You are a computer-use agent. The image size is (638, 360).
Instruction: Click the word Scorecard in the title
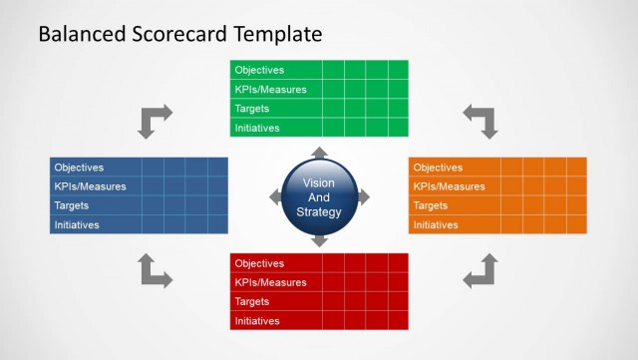point(178,34)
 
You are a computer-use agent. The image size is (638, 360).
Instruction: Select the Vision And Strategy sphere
point(319,197)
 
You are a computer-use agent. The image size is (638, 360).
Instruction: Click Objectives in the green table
point(259,70)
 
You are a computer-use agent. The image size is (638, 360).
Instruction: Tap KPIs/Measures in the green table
point(270,90)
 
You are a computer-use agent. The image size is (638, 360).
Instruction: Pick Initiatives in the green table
point(257,128)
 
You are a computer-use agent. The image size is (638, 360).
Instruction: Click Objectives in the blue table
point(79,168)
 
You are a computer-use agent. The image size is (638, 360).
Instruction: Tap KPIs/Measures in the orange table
point(450,186)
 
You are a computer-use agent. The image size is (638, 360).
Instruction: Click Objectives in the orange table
point(438,168)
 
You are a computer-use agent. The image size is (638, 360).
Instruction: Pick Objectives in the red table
point(259,263)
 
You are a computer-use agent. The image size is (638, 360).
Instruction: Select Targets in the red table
point(253,301)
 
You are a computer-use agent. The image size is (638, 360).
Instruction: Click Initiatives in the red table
point(257,321)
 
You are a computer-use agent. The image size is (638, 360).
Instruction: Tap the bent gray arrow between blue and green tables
point(154,121)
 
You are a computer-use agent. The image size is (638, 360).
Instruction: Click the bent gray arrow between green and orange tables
point(481,121)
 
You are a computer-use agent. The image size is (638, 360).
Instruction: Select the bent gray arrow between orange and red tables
point(481,271)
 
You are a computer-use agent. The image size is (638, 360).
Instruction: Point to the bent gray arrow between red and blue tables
point(154,271)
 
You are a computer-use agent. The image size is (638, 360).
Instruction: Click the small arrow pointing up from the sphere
point(319,153)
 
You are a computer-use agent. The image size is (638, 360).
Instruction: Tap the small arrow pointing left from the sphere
point(275,197)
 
